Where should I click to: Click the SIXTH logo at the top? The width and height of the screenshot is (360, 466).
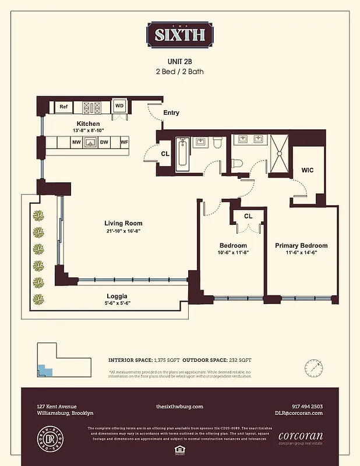179,34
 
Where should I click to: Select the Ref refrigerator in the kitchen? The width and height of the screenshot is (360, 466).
63,107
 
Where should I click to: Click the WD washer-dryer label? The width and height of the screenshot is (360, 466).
119,106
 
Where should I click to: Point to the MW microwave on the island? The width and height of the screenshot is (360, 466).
76,142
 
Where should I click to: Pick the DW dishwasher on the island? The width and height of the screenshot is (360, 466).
104,142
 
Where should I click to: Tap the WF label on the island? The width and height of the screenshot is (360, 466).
123,142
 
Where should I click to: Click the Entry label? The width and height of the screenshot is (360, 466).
171,113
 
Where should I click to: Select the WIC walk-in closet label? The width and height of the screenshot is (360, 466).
308,170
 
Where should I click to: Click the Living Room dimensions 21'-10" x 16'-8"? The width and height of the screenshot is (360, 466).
123,231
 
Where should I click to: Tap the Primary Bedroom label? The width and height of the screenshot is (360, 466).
301,245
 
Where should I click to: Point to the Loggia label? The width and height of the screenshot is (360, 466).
117,295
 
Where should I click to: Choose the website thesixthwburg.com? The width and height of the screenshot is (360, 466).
179,407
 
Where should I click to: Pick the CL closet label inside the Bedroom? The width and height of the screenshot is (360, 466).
248,216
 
